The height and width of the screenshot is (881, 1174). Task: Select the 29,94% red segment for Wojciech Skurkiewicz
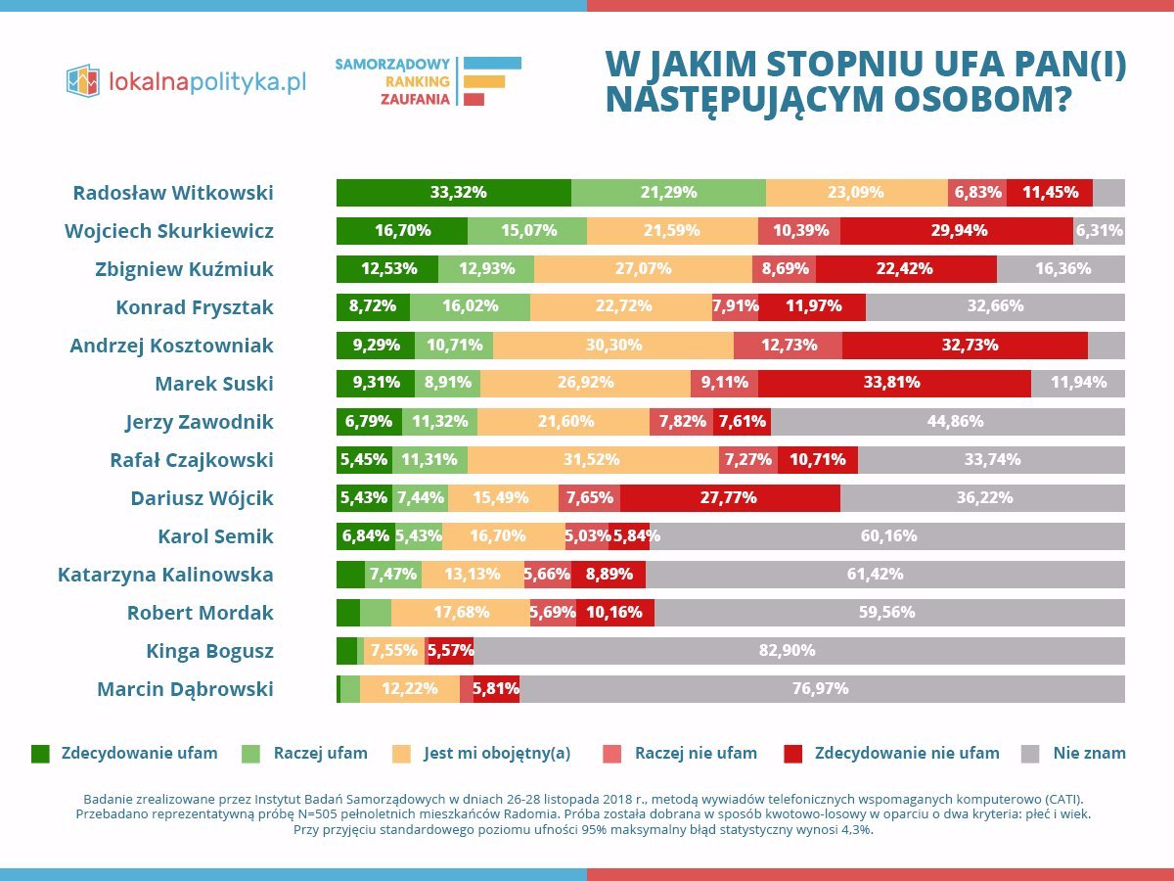click(956, 231)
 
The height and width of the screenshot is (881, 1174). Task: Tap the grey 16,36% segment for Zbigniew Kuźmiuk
click(1061, 269)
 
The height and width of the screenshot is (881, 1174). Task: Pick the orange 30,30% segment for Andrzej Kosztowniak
click(613, 346)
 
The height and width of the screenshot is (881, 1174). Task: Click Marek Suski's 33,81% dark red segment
click(893, 384)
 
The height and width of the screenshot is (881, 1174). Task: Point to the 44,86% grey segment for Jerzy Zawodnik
click(947, 422)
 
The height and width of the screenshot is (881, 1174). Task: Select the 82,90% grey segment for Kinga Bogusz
click(799, 651)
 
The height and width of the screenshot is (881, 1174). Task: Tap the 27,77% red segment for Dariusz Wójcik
click(729, 498)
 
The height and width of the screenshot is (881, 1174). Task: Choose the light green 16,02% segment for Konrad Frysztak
click(470, 307)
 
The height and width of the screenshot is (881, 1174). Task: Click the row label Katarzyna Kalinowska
click(165, 575)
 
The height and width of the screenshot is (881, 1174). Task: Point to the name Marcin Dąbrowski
click(185, 689)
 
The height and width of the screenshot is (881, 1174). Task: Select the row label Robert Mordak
click(200, 613)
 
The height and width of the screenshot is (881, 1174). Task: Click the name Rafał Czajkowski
click(191, 460)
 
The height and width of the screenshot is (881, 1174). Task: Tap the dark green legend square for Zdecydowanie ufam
click(40, 754)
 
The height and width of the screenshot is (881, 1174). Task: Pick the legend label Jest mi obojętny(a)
click(496, 754)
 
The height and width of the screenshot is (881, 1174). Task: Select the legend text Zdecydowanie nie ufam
click(906, 754)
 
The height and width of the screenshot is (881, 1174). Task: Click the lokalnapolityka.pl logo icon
click(83, 80)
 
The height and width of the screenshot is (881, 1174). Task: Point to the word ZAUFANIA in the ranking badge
click(416, 99)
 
